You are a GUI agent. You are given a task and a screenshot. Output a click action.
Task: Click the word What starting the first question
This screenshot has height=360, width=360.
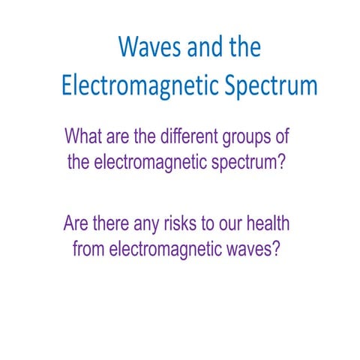click(x=86, y=138)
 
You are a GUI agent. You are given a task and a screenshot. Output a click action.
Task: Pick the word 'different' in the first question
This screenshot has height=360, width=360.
click(x=193, y=138)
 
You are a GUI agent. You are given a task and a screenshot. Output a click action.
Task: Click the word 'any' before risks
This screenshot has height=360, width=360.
click(x=155, y=223)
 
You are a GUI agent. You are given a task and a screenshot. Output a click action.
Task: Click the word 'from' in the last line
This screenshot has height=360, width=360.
click(x=90, y=247)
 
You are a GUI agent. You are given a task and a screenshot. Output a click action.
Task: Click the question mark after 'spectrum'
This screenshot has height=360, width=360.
click(x=280, y=163)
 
